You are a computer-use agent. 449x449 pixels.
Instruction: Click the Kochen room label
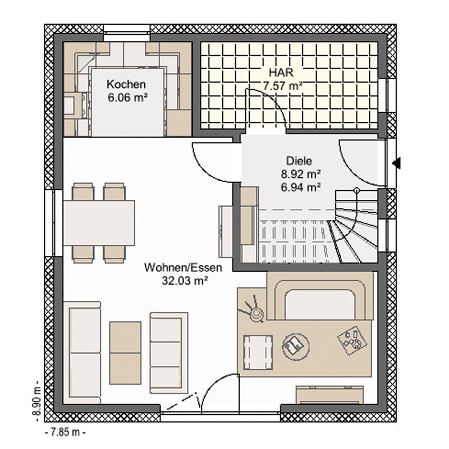pyautogui.click(x=126, y=84)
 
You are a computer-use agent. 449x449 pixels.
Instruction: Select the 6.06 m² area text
pyautogui.click(x=128, y=98)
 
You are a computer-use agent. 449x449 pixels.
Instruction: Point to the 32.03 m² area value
pyautogui.click(x=185, y=281)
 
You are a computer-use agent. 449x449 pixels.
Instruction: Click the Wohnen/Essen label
pyautogui.click(x=184, y=268)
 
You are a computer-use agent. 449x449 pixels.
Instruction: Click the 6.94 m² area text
pyautogui.click(x=300, y=187)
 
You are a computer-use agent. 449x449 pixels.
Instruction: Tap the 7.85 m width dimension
pyautogui.click(x=65, y=432)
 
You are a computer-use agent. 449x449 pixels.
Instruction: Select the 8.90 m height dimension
pyautogui.click(x=36, y=401)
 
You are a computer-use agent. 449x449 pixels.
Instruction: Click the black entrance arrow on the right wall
pyautogui.click(x=397, y=163)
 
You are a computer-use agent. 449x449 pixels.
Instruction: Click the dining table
pyautogui.click(x=99, y=223)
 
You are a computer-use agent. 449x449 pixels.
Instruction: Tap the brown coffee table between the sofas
pyautogui.click(x=125, y=353)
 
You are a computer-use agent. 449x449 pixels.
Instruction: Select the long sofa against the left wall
pyautogui.click(x=82, y=352)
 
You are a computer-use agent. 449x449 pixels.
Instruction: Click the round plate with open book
pyautogui.click(x=296, y=345)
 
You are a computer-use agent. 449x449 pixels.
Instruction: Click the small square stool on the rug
pyautogui.click(x=258, y=352)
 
